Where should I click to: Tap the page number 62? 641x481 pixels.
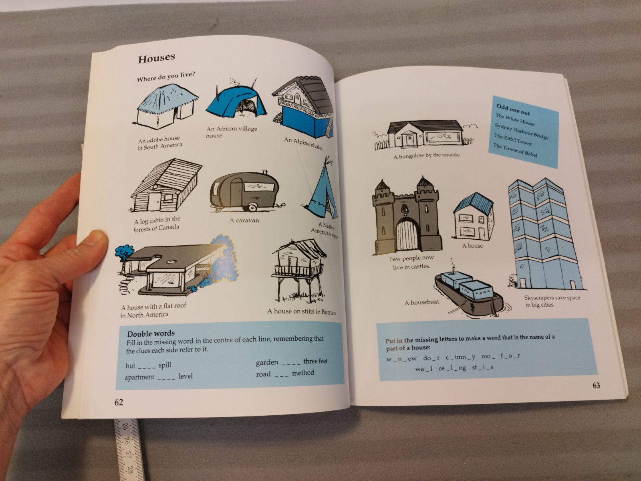pos(119,402)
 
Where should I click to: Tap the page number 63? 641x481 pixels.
pos(596,386)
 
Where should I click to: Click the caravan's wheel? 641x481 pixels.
pos(253,207)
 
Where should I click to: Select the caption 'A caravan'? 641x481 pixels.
pos(244,220)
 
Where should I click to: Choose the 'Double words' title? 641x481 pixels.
pos(151,333)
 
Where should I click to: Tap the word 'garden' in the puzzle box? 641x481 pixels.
pos(267,362)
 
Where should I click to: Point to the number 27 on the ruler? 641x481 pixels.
pos(128,455)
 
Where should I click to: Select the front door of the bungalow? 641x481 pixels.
pos(409,140)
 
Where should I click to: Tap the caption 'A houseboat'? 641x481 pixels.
pos(422,303)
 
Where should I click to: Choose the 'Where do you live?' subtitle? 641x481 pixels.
pos(166,77)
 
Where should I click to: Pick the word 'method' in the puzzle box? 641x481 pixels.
pos(303,373)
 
